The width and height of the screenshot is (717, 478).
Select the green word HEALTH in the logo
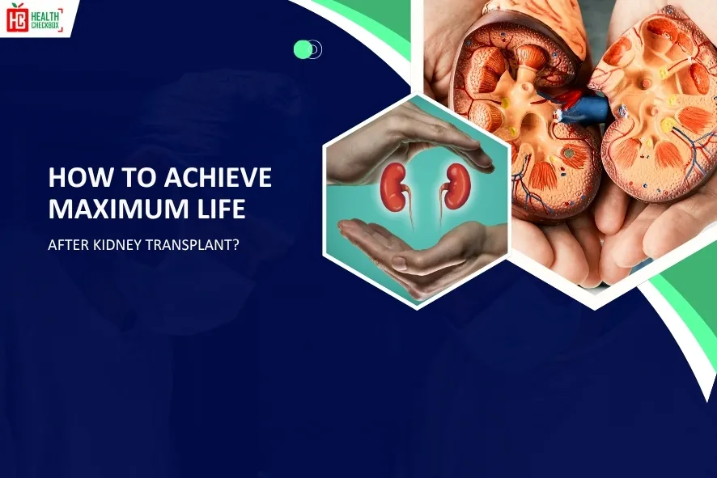(47, 11)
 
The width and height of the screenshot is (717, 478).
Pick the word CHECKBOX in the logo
(47, 23)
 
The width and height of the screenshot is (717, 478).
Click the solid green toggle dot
(303, 49)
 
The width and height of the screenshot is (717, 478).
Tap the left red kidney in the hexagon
(394, 187)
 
